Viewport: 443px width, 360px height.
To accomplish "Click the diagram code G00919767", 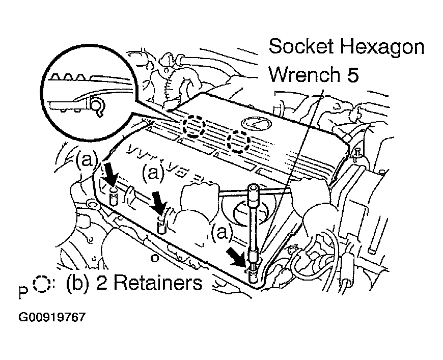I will pyautogui.click(x=51, y=317).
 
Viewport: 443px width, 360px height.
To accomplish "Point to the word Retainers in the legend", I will pyautogui.click(x=158, y=283).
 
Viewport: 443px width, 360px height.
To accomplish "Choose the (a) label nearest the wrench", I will pyautogui.click(x=222, y=233).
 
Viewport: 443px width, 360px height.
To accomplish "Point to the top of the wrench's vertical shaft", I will pyautogui.click(x=253, y=190).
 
